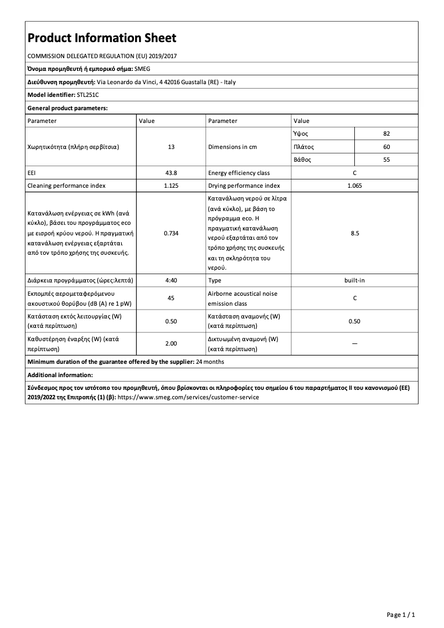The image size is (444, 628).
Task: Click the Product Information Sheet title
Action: click(102, 38)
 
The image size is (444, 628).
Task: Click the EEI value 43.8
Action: click(171, 173)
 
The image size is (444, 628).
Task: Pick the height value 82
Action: click(386, 134)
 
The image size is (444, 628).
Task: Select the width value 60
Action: click(386, 147)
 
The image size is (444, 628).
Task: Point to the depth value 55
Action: click(386, 159)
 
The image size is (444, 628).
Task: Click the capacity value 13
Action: click(171, 147)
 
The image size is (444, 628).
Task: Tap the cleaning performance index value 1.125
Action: click(171, 186)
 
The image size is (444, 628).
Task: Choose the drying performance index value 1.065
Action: click(354, 186)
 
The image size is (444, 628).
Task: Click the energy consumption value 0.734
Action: click(171, 233)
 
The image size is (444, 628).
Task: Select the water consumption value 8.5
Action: click(354, 233)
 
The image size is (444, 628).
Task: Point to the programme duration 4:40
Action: click(171, 280)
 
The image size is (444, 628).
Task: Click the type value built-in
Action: click(354, 280)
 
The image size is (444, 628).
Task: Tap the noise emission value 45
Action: click(171, 298)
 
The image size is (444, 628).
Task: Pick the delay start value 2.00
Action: click(171, 343)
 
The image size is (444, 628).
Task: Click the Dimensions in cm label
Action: click(233, 147)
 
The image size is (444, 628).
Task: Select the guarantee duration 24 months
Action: click(210, 362)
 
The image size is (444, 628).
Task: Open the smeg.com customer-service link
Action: click(188, 397)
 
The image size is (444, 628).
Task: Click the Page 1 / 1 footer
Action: click(400, 615)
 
